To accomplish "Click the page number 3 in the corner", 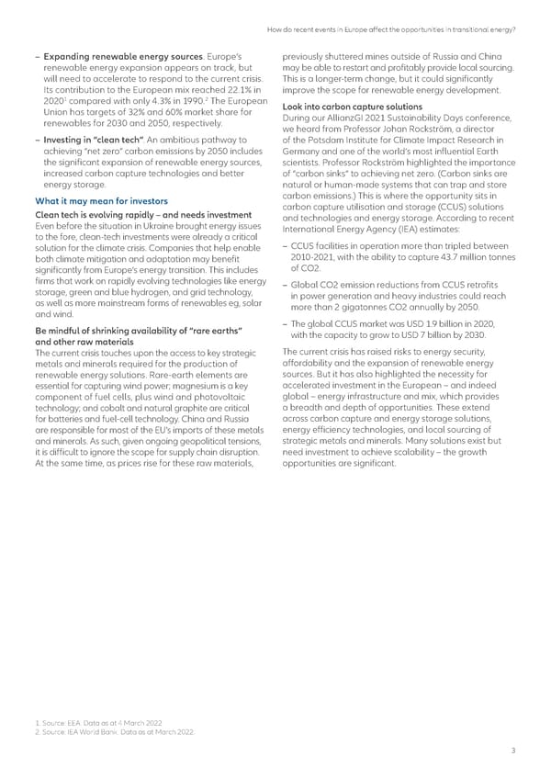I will tap(513, 751).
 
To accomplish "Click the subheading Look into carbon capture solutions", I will tap(353, 107).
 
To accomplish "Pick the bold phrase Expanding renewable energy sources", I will tap(118, 45).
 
